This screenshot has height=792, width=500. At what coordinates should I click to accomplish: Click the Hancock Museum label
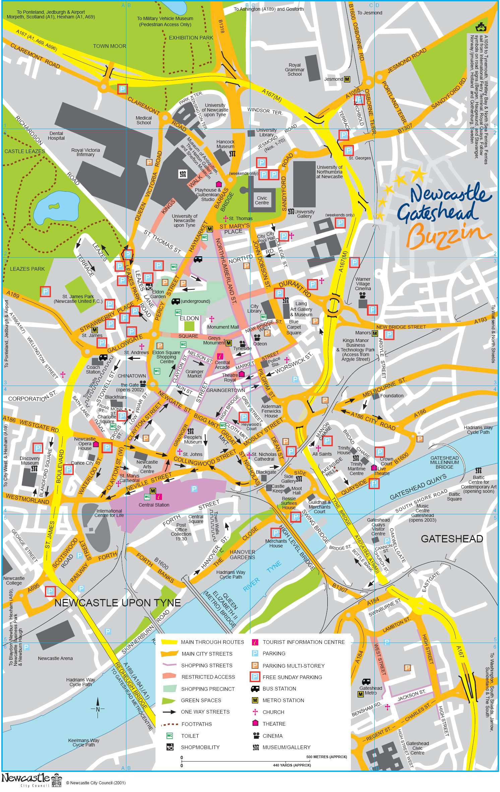pos(225,144)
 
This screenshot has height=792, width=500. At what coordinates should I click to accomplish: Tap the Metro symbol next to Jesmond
pos(347,79)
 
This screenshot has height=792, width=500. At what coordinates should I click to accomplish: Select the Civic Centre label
pos(262,200)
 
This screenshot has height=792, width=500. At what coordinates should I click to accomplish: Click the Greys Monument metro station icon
pos(229,343)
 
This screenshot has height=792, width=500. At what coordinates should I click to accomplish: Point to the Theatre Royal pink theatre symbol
pos(241,374)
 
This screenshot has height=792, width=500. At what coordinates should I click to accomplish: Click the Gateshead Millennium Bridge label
pos(444,462)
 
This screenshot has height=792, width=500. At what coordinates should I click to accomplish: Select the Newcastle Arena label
pos(55,658)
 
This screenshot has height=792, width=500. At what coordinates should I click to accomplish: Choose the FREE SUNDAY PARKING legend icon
pos(255,677)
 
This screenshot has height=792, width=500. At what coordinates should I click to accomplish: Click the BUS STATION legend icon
pos(255,689)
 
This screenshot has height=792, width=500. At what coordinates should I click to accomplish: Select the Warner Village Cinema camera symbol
pos(362,296)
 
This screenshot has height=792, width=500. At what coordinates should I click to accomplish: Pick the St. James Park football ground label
pos(78,299)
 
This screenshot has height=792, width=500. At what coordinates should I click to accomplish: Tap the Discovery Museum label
pos(30,461)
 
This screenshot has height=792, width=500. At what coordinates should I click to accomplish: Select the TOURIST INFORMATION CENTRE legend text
pos(303,642)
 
